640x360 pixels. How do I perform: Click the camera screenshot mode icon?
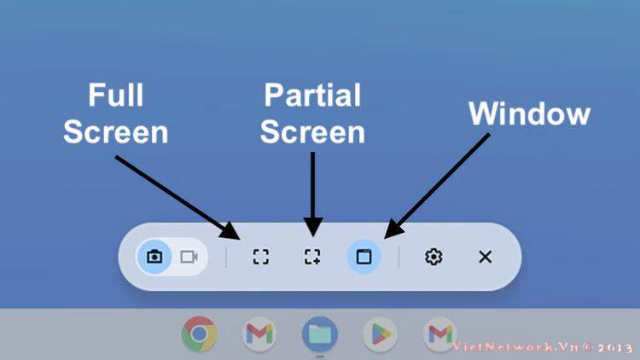154,257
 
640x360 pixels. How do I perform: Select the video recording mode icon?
189,257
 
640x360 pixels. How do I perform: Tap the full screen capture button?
261,257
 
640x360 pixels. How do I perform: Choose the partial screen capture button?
312,257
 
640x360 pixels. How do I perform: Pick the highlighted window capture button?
364,257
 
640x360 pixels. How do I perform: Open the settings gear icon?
433,257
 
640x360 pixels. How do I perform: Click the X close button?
485,257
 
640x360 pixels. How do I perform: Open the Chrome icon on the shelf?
199,334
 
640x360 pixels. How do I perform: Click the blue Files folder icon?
320,334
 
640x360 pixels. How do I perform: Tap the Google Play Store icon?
380,334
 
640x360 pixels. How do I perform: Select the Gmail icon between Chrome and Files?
259,334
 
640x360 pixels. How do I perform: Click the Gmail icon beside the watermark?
440,334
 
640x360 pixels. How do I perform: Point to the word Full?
116,95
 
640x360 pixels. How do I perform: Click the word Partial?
312,95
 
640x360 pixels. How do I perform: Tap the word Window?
529,113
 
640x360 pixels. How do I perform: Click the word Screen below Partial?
312,132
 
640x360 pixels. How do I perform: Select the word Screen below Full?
116,132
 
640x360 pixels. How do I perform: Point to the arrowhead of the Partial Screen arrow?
312,236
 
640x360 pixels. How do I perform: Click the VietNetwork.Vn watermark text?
543,347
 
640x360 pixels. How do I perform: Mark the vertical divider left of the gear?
399,257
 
